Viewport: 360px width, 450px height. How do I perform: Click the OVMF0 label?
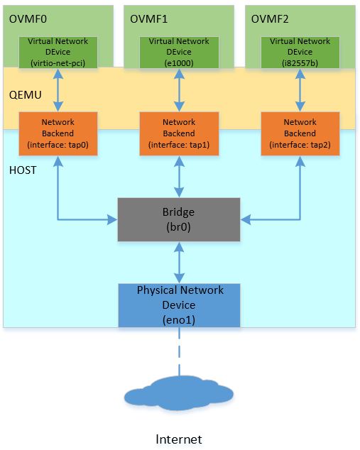click(28, 17)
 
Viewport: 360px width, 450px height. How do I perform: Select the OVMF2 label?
click(270, 17)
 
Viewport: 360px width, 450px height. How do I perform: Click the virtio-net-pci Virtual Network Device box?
click(58, 52)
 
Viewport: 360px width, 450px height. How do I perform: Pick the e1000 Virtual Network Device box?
click(179, 52)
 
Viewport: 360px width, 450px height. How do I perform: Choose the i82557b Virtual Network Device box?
click(300, 52)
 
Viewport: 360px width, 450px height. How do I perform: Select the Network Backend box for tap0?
click(58, 133)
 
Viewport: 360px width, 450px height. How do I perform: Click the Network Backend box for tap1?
click(179, 133)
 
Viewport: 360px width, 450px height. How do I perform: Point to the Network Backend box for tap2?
click(300, 133)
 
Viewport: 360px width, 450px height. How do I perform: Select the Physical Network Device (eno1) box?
click(179, 305)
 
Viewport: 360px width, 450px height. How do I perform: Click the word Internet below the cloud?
click(179, 439)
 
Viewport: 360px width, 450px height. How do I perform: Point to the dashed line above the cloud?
click(179, 352)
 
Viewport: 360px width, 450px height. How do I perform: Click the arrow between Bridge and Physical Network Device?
click(179, 262)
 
